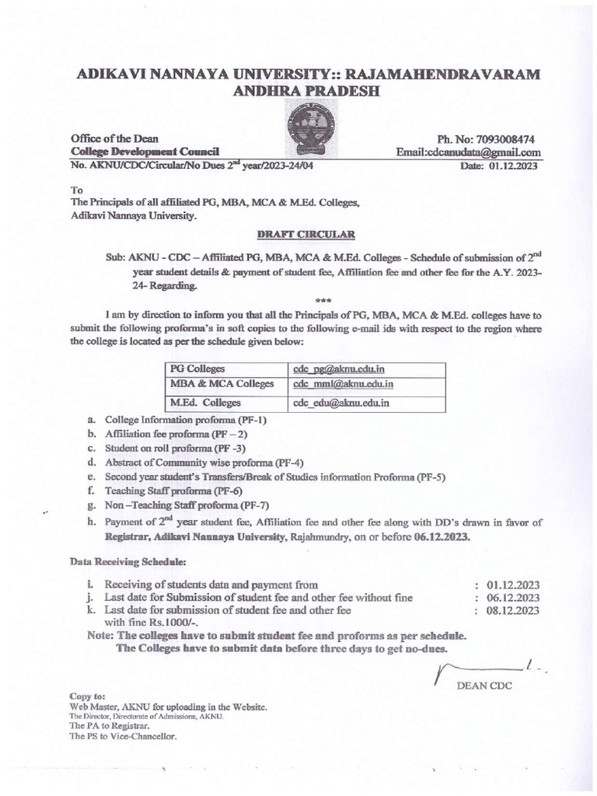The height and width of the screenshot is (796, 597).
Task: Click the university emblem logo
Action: (x=309, y=133)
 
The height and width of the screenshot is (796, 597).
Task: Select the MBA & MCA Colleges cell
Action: (x=222, y=384)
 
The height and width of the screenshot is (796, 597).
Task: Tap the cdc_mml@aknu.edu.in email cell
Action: (x=343, y=384)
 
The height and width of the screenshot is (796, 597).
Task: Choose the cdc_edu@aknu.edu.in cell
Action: (x=340, y=403)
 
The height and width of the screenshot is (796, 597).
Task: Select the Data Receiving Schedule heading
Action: (x=127, y=560)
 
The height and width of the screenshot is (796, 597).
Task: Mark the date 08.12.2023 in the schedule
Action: (x=512, y=611)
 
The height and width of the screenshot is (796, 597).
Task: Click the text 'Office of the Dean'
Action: (x=114, y=138)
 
